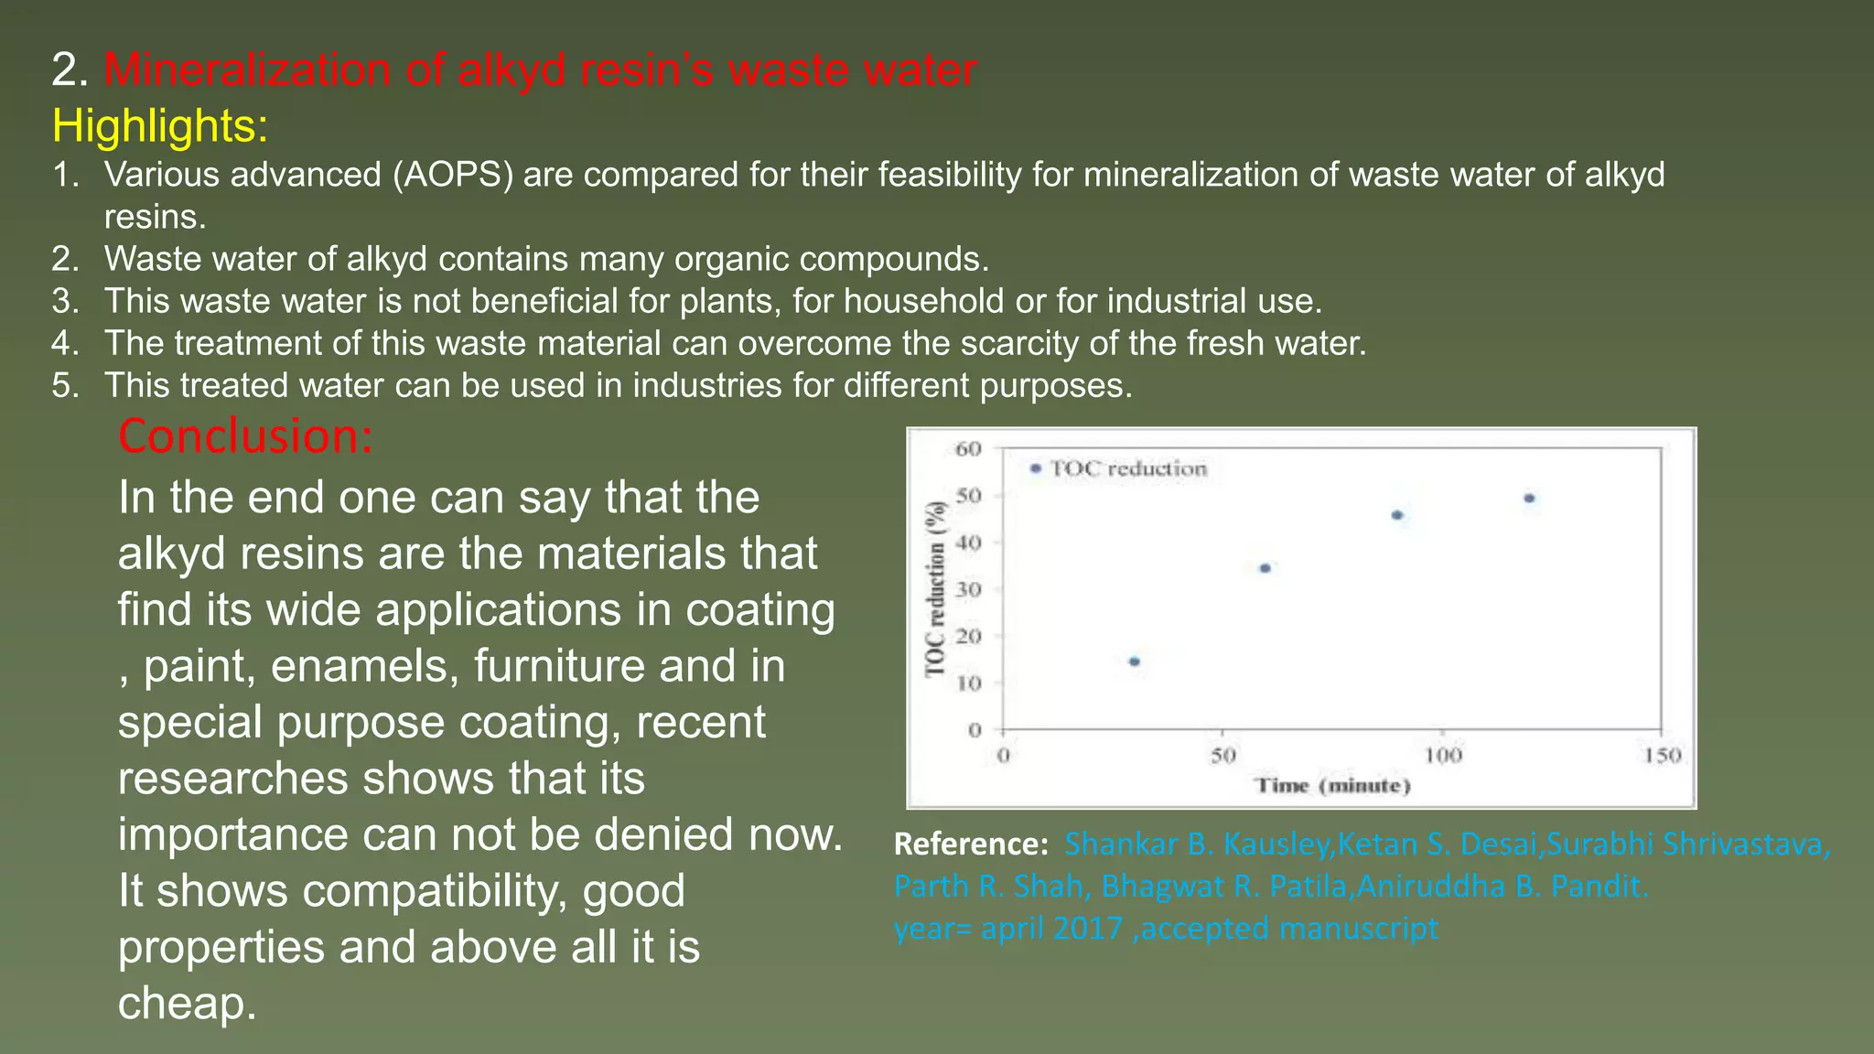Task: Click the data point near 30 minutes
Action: click(x=1135, y=661)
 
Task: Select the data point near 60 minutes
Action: click(x=1265, y=568)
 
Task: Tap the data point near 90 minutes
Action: click(x=1397, y=515)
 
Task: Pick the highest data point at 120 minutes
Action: click(x=1529, y=499)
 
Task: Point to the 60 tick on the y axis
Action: click(x=968, y=449)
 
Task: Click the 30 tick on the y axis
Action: click(x=968, y=589)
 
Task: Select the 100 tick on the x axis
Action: click(x=1443, y=756)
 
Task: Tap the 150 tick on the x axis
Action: click(x=1662, y=756)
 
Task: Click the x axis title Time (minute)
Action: click(x=1332, y=786)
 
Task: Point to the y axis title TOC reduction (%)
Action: click(x=935, y=589)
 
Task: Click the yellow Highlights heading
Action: click(x=160, y=125)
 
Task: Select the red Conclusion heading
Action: click(x=245, y=436)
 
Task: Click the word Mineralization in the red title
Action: click(x=247, y=70)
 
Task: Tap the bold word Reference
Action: click(x=970, y=844)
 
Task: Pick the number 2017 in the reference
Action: click(x=1087, y=928)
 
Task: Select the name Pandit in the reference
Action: click(x=1598, y=886)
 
